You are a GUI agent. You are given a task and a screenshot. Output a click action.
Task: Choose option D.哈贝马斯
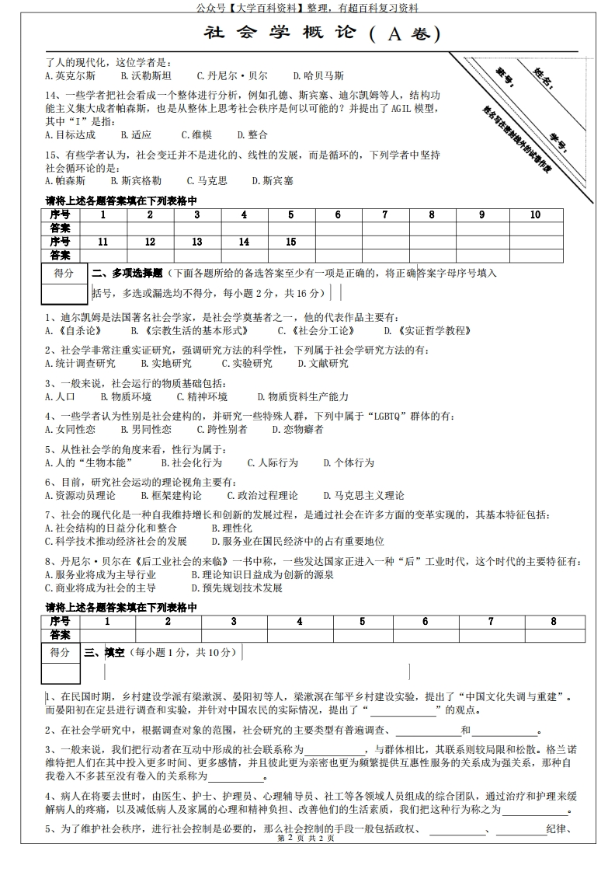point(318,76)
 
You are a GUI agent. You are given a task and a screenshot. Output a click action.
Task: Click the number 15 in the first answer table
point(291,242)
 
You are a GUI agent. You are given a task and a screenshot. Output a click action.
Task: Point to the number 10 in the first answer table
point(535,215)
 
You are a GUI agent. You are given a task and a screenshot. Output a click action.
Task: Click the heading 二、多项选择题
point(127,274)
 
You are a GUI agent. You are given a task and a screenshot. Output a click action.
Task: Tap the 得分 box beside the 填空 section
point(62,652)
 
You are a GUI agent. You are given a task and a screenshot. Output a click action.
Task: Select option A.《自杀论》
point(74,330)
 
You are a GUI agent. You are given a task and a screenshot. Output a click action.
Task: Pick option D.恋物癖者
point(297,429)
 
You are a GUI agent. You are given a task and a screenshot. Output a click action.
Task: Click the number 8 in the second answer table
point(553,621)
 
